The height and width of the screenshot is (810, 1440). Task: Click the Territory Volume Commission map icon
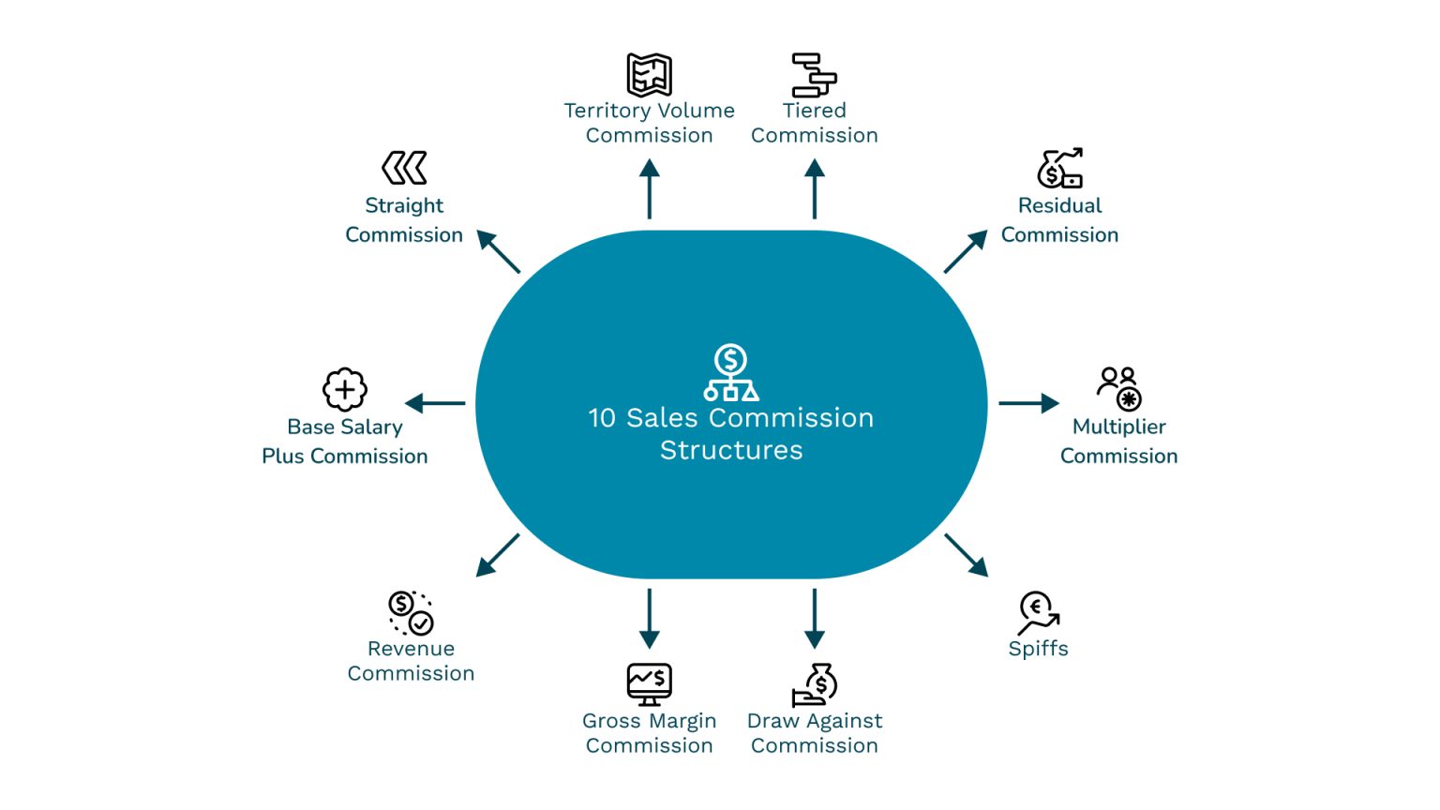pyautogui.click(x=649, y=75)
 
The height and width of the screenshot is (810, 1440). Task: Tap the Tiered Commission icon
pyautogui.click(x=814, y=75)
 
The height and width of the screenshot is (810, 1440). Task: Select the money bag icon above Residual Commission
pyautogui.click(x=1059, y=169)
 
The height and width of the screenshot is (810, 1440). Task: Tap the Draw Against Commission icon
pyautogui.click(x=814, y=685)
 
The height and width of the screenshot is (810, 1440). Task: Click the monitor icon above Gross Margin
pyautogui.click(x=649, y=684)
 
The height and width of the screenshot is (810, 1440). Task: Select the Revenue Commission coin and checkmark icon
pyautogui.click(x=411, y=613)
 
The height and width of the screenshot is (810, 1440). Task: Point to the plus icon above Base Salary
pyautogui.click(x=345, y=389)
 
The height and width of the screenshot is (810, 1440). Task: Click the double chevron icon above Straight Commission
pyautogui.click(x=404, y=169)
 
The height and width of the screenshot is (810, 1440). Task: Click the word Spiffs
pyautogui.click(x=1038, y=649)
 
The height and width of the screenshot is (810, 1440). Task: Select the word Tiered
pyautogui.click(x=814, y=111)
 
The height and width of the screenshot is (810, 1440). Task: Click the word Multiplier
pyautogui.click(x=1118, y=427)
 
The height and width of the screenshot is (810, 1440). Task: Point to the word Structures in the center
pyautogui.click(x=731, y=451)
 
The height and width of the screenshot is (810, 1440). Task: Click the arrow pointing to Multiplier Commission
pyautogui.click(x=1028, y=403)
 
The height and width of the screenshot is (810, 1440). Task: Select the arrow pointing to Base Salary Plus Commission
pyautogui.click(x=435, y=403)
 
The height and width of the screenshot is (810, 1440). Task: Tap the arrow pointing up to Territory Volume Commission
pyautogui.click(x=649, y=188)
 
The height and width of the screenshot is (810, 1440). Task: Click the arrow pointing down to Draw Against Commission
pyautogui.click(x=814, y=619)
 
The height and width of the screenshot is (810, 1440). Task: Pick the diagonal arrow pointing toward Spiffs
pyautogui.click(x=967, y=555)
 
